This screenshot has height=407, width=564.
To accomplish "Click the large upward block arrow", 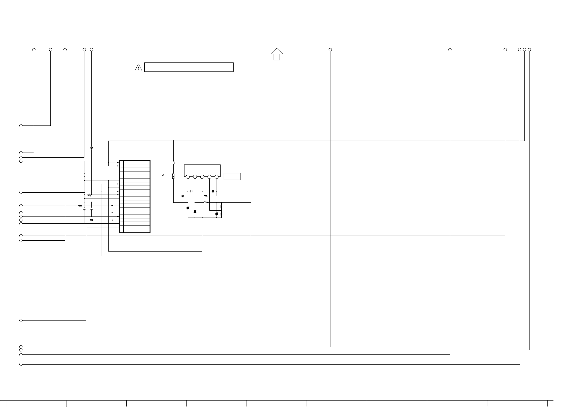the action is (277, 54).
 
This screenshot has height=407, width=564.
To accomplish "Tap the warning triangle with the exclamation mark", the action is (138, 68).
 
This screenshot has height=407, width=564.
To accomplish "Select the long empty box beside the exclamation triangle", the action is (189, 67).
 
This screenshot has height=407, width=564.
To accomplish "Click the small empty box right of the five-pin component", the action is (232, 176).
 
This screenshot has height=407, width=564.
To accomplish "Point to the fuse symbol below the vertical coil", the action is (173, 176).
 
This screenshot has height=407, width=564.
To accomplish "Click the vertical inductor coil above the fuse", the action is (173, 162).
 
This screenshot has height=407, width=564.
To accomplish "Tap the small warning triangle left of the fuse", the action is (163, 175).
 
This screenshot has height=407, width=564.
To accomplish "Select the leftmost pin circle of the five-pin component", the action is (188, 177).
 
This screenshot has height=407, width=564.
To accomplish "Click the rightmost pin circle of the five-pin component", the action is (217, 177).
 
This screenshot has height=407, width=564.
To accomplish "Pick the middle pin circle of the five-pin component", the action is (202, 177).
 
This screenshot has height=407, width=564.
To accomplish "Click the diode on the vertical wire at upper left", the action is (92, 148).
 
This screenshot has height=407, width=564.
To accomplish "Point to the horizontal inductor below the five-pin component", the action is (206, 202).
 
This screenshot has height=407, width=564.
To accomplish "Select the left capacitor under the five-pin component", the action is (191, 191).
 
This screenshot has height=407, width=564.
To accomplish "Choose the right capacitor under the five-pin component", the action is (213, 191).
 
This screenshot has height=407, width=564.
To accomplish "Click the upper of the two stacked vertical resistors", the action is (221, 206).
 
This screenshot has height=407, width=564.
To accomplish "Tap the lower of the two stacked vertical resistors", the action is (221, 214).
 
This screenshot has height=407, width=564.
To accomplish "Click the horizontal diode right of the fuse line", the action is (183, 196).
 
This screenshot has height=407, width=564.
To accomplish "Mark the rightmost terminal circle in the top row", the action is (529, 50).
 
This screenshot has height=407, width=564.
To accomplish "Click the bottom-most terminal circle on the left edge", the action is (21, 364).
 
